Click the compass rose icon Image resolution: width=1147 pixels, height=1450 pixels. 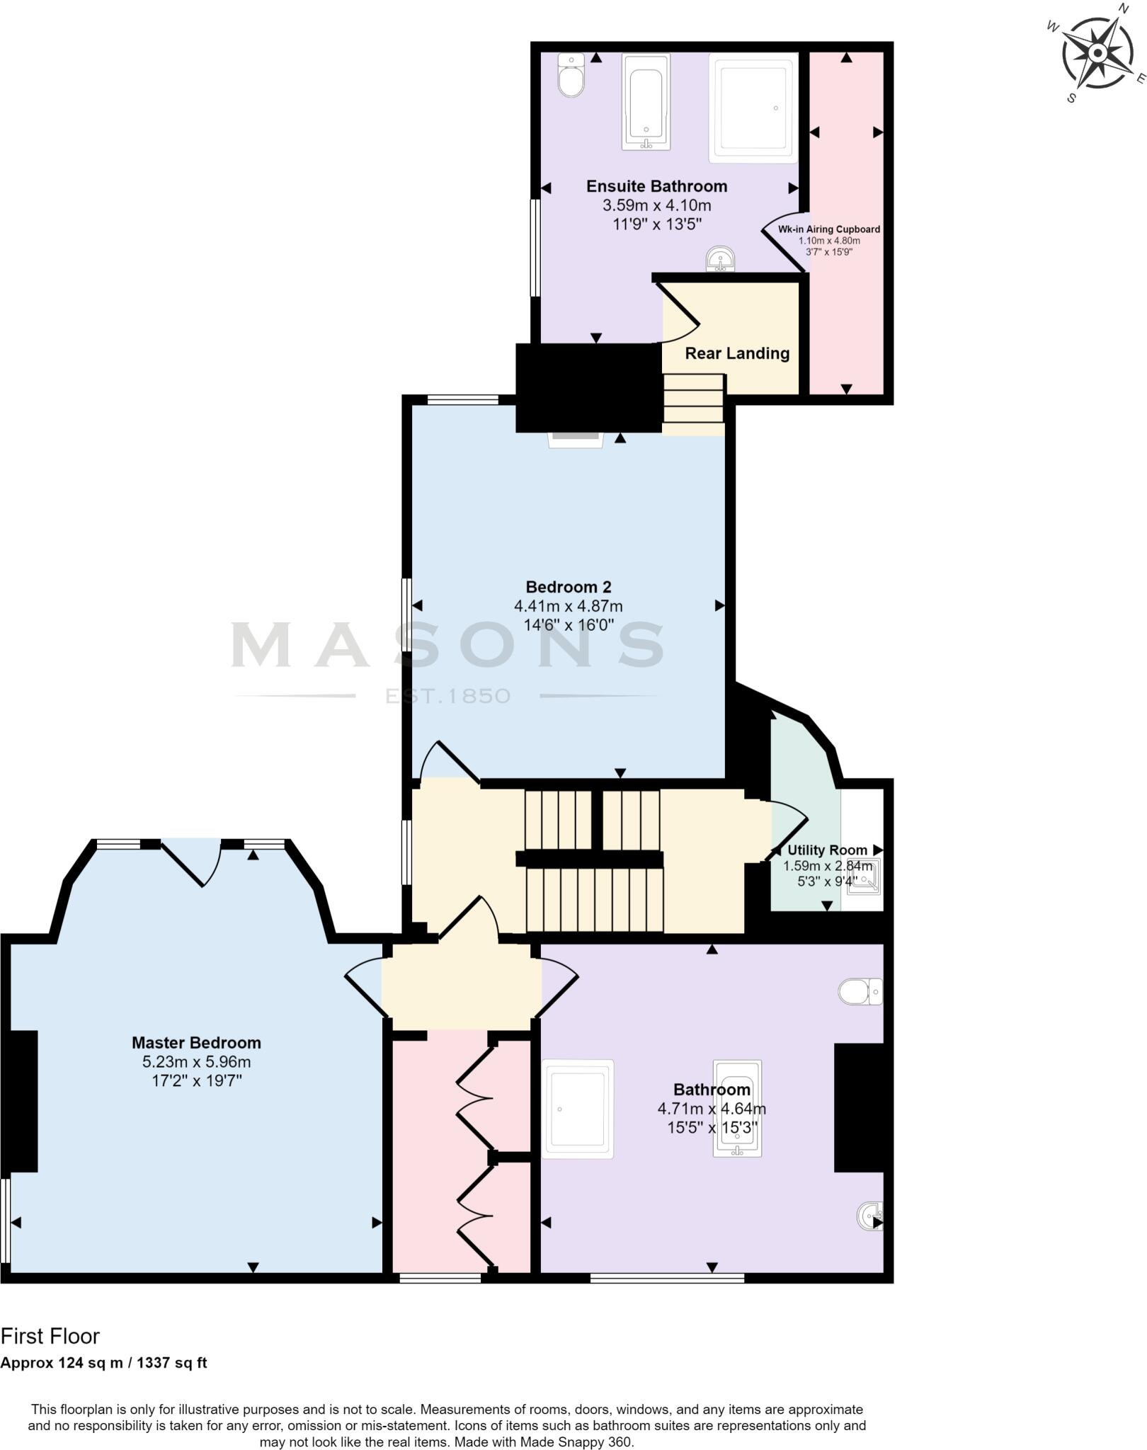click(1097, 53)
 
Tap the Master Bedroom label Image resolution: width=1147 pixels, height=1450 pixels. click(196, 1043)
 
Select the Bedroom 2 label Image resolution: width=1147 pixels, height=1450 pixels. click(569, 587)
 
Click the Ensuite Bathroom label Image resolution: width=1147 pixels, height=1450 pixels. click(656, 186)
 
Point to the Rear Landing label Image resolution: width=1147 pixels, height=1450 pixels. click(737, 353)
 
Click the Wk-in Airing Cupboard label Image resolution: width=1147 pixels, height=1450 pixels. click(829, 229)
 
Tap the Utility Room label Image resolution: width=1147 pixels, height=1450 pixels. click(827, 850)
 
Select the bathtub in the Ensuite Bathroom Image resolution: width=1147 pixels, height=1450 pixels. click(646, 103)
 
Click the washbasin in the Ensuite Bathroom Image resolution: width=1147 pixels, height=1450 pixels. click(721, 260)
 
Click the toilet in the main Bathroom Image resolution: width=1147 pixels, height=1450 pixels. click(860, 992)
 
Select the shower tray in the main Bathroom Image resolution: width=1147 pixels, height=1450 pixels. click(578, 1109)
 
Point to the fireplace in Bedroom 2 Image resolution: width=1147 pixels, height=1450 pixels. click(575, 440)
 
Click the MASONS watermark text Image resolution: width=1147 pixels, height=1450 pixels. click(447, 645)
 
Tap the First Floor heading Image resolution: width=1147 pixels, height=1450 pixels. click(50, 1336)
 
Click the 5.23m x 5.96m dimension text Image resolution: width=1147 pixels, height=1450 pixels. click(196, 1062)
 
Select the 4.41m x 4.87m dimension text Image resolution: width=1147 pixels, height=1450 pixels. click(569, 606)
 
